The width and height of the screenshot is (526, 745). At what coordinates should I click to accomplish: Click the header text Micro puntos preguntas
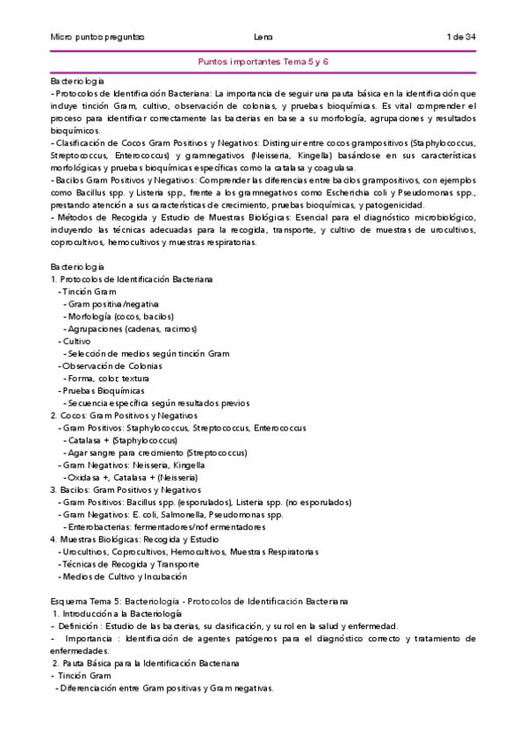point(97,36)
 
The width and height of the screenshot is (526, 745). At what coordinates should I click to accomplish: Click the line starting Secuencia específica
point(141,402)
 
